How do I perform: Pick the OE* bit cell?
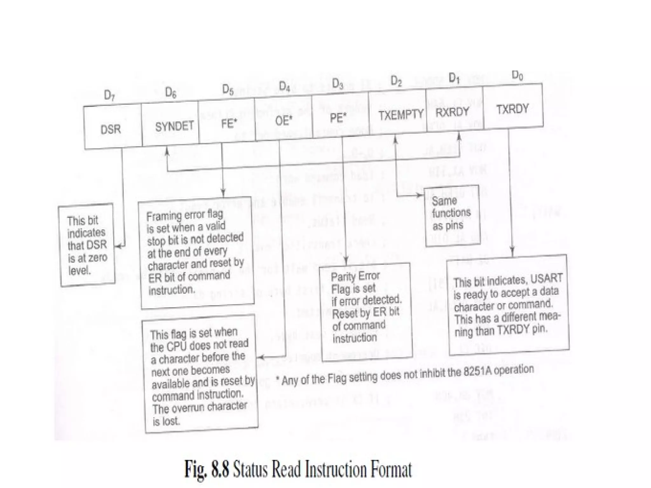tap(283, 121)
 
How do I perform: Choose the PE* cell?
tap(338, 118)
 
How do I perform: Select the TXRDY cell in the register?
tap(512, 109)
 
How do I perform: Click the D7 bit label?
tap(109, 95)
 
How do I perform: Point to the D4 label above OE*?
tap(284, 86)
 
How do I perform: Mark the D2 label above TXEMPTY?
tap(396, 81)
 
